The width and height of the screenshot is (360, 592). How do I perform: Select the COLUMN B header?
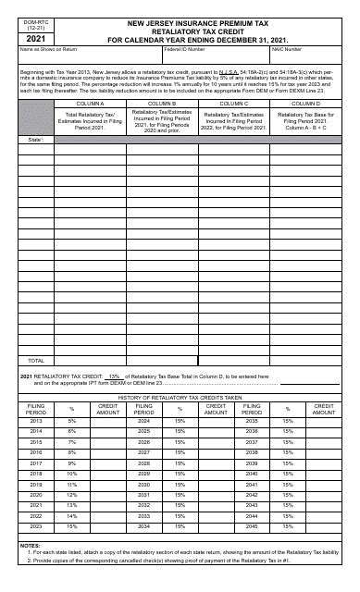point(155,104)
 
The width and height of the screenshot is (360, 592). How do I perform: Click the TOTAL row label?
point(36,360)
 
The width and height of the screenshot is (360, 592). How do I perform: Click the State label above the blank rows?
point(35,139)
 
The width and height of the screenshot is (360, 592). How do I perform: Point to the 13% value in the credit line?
point(115,376)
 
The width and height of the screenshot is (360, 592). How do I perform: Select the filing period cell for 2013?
point(36,420)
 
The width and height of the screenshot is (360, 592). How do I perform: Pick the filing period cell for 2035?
point(253,420)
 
